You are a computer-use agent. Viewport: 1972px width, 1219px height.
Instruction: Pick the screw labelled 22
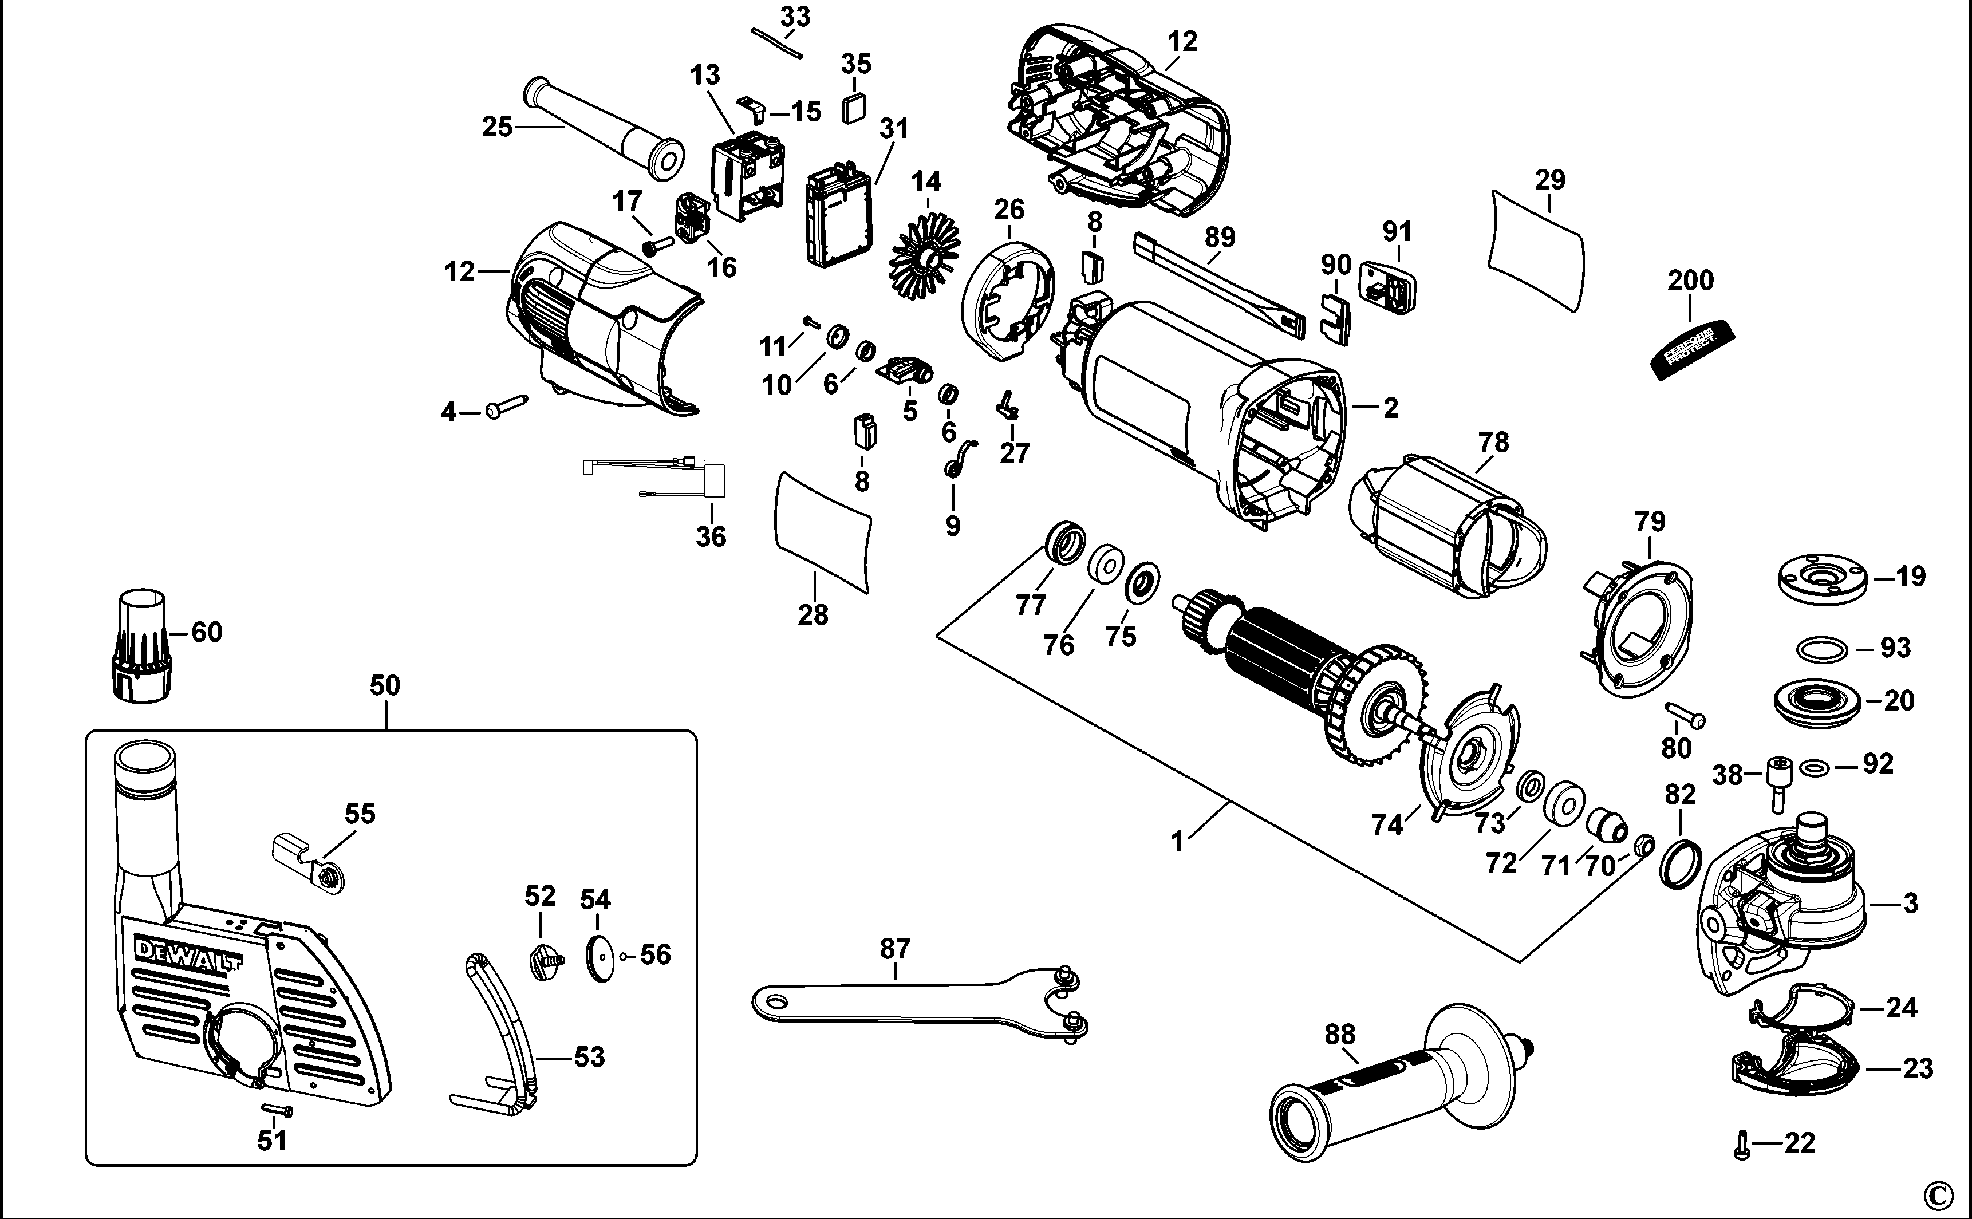point(1741,1144)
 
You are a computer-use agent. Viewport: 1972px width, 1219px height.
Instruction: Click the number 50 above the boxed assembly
point(385,685)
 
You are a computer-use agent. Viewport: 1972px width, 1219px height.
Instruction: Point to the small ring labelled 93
point(1821,648)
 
